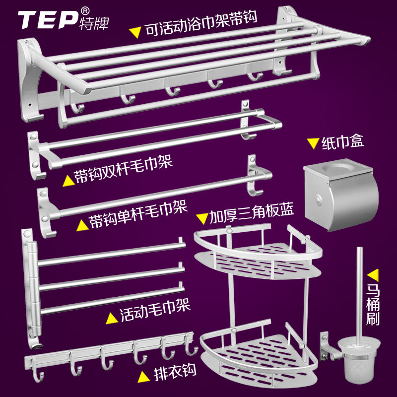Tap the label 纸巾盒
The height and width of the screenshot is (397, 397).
click(343, 142)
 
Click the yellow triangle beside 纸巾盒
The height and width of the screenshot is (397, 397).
click(313, 143)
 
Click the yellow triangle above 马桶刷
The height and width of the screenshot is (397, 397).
click(373, 274)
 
